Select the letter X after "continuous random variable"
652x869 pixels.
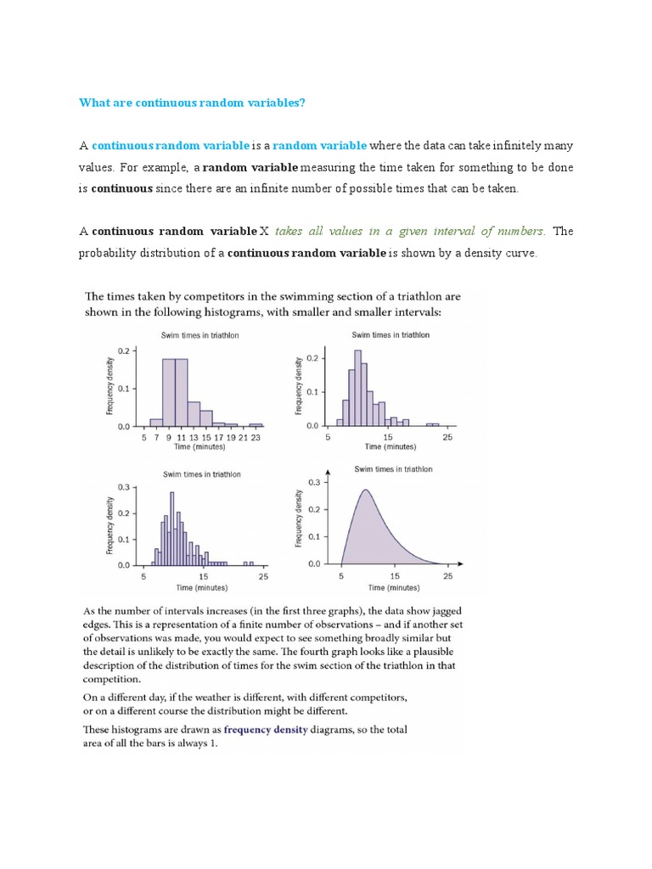pos(263,231)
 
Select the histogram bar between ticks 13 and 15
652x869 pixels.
pos(206,418)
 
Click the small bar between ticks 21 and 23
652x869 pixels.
pos(256,424)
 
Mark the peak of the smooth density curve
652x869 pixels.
pos(365,490)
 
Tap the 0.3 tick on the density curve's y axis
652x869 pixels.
pos(314,482)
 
